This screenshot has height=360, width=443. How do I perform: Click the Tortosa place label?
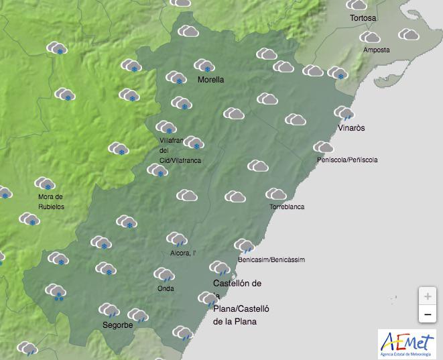364,18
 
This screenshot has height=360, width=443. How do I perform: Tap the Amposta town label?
376,50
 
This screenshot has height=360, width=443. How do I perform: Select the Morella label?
210,80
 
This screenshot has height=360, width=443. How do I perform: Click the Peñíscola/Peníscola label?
347,160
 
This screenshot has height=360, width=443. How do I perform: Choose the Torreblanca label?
288,208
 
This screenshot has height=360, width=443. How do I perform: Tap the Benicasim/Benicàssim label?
271,259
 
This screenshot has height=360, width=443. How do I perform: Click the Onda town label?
166,289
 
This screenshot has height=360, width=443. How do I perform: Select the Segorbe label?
117,325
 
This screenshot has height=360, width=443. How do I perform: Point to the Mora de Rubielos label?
50,201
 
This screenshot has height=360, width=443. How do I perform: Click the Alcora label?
183,253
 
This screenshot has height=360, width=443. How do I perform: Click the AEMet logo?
406,343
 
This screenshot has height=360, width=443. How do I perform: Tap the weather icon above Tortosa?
357,5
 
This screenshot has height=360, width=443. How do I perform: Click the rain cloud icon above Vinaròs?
344,113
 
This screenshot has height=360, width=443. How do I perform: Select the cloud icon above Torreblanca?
276,194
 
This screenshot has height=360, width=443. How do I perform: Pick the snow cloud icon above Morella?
204,66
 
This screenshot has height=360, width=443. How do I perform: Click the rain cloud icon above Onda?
164,274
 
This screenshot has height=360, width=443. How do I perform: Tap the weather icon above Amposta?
369,38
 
